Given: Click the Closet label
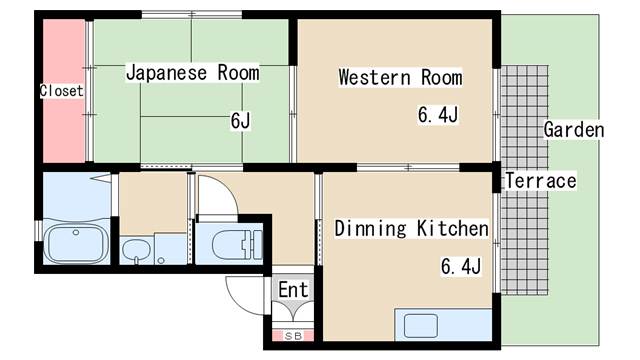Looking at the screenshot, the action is pos(62,91).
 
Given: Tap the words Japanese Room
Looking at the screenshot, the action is pos(193,73).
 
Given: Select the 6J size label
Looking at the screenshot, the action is pos(240,120).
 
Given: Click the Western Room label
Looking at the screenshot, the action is pos(400,77).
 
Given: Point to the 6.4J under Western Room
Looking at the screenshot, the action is pos(438,114).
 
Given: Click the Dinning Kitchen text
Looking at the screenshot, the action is pos(411,228).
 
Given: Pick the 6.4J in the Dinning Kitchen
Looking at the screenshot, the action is pos(461,267).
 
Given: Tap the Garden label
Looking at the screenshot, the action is pos(574,130).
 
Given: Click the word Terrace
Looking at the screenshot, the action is pos(541,180).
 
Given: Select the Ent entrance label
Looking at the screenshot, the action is pos(293,290).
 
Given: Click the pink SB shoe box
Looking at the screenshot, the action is pos(293,336).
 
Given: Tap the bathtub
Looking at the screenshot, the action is pos(76,244).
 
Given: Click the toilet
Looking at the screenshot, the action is pos(237,244).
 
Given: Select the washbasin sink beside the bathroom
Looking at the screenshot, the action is pos(136,250).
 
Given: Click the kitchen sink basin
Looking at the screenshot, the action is pos(421,326).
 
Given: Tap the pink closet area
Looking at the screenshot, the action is pos(64,91).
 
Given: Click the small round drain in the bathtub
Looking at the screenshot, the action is pos(76,232).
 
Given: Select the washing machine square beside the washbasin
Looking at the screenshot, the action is pos(171,249).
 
